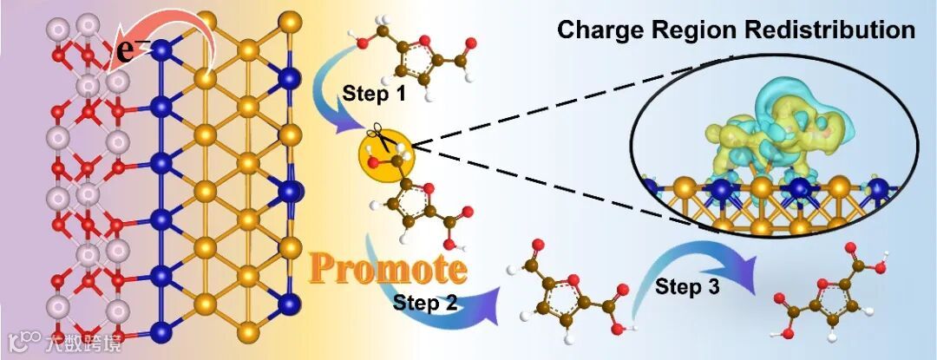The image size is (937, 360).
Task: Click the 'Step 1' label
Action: click(x=374, y=92)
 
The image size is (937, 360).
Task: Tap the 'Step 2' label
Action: click(x=429, y=302)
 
